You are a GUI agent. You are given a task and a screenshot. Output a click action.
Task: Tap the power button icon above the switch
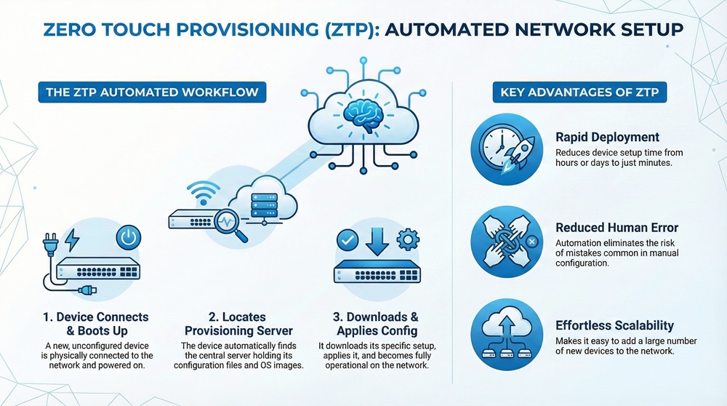coord(128,238)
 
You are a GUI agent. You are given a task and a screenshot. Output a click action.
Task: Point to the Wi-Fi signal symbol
coord(196,194)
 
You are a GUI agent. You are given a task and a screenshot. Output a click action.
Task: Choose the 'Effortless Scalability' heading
coord(614,325)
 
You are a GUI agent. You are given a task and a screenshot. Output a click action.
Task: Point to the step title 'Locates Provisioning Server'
coord(227,324)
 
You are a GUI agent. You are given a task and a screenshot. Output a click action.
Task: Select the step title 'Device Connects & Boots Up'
coord(95,324)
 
